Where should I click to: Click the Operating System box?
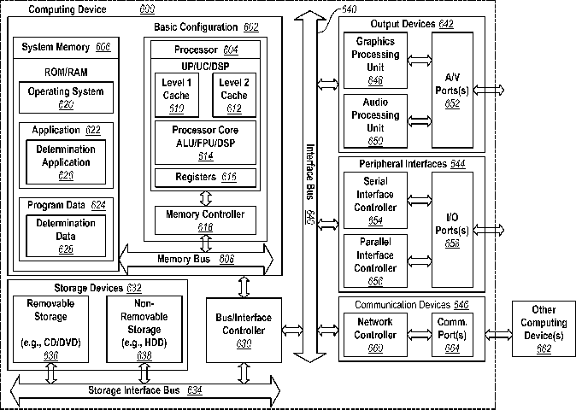tap(66, 97)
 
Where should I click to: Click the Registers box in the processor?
tap(205, 178)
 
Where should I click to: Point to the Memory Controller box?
tap(205, 220)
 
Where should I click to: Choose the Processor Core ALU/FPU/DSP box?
tap(205, 142)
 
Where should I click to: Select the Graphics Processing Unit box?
tap(375, 60)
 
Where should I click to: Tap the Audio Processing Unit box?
tap(375, 120)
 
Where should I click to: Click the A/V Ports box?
tap(452, 89)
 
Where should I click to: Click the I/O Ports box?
tap(452, 231)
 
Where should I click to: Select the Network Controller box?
tap(375, 334)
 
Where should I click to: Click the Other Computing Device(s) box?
tap(543, 329)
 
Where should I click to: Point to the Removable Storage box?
tap(51, 329)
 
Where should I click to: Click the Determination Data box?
tap(66, 236)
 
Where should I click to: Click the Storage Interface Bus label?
tap(144, 390)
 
